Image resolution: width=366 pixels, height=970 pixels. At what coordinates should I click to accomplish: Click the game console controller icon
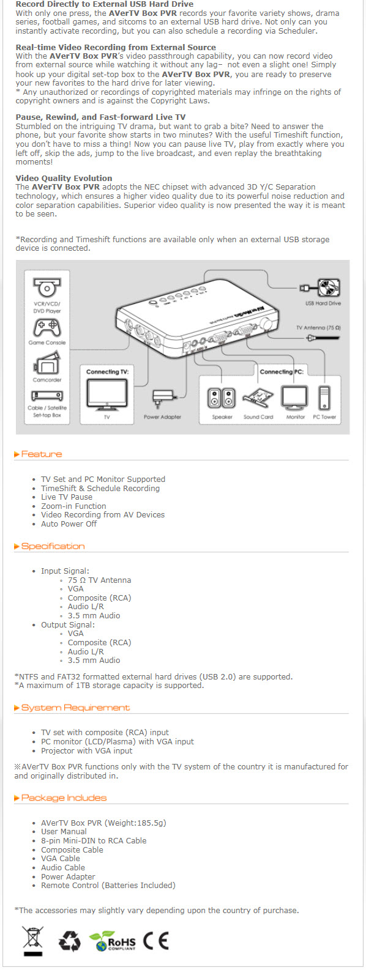point(47,328)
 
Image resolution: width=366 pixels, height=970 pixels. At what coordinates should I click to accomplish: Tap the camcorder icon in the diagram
point(47,363)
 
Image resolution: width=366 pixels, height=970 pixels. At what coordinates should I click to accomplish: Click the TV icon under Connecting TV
point(107,394)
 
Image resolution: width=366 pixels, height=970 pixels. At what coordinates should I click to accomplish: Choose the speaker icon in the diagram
point(222,398)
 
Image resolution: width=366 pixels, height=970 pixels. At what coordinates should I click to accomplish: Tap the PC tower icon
point(324,398)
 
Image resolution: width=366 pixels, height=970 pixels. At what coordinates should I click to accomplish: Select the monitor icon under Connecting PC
point(295,398)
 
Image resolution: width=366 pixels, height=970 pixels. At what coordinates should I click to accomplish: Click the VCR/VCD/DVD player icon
point(47,287)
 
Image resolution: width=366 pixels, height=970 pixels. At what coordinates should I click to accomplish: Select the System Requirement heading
point(72,708)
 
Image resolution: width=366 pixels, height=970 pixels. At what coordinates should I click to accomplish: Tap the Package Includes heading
point(60,798)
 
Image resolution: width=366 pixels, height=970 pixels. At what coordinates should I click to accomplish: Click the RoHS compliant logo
point(112,941)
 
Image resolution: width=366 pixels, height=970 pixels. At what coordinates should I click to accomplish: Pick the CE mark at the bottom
point(155,941)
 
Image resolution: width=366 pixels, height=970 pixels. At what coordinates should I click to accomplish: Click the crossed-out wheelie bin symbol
point(33,941)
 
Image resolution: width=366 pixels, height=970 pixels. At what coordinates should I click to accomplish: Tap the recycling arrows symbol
point(70,941)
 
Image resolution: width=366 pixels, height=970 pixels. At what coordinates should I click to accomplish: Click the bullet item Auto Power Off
point(69,524)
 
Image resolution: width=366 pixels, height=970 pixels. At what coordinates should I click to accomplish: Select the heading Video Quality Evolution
point(64,178)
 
